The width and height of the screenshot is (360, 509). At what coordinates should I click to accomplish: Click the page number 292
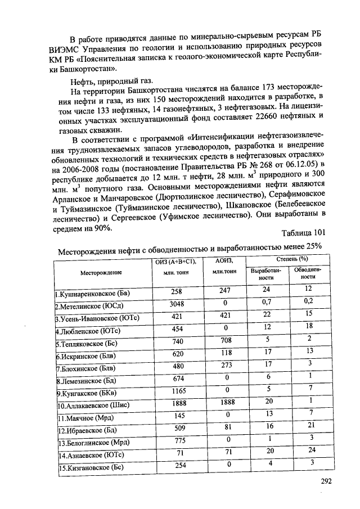click(x=326, y=481)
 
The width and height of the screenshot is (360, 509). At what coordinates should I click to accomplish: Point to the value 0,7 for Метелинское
click(x=266, y=303)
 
